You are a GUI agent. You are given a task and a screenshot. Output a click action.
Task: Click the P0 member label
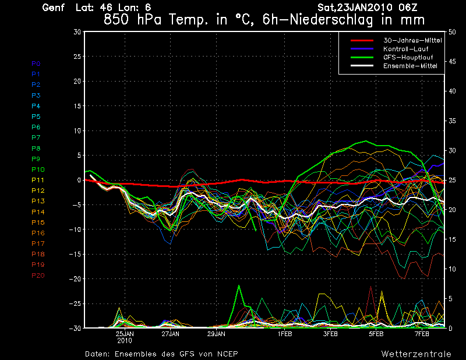tap(36, 63)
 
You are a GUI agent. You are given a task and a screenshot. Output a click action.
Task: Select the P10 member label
tap(38, 170)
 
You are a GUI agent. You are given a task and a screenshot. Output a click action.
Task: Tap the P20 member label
tap(38, 276)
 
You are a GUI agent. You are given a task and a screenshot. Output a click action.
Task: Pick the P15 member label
tap(38, 223)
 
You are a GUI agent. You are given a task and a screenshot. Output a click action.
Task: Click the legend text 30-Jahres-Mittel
tap(410, 40)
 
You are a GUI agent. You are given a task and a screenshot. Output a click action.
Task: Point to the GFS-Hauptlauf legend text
tap(407, 58)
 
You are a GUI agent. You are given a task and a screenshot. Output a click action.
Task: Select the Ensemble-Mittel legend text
tap(409, 66)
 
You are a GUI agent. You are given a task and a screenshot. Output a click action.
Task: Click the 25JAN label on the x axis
tap(125, 334)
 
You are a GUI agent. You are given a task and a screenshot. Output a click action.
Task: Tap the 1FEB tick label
tap(285, 334)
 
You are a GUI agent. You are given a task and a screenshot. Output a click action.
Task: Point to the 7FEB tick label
tap(422, 334)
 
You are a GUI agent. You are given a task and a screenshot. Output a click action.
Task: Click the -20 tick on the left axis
tap(76, 279)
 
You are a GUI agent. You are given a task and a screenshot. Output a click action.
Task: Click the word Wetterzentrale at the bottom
tap(416, 354)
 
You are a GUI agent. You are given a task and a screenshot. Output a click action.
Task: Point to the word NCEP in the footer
tap(226, 354)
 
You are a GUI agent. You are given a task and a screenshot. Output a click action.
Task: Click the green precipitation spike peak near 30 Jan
tap(239, 285)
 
